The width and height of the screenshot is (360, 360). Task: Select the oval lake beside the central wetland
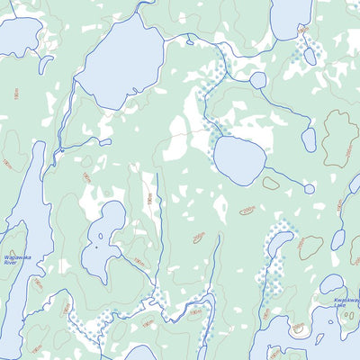tap(238, 159)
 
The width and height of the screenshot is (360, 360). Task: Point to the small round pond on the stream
tap(258, 80)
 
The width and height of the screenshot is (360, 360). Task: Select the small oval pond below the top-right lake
tap(310, 57)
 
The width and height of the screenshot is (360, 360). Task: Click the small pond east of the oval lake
tap(309, 139)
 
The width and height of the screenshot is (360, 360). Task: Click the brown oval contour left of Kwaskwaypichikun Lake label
tap(310, 245)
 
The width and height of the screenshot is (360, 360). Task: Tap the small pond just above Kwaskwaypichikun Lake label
tap(332, 283)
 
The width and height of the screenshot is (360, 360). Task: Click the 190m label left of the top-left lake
tap(16, 93)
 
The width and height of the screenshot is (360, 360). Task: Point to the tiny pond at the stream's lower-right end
tap(310, 189)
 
